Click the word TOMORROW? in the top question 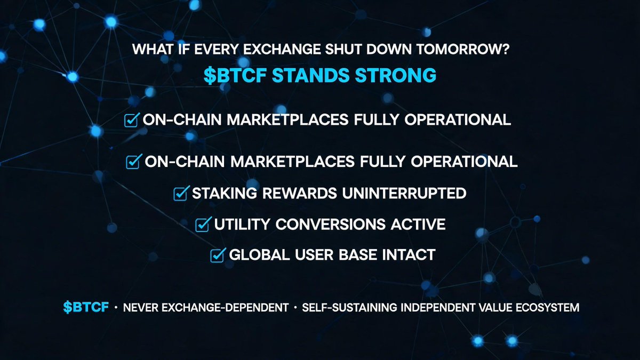tap(462, 50)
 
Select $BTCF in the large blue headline tap(235, 75)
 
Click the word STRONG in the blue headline tap(395, 75)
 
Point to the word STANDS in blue tap(311, 75)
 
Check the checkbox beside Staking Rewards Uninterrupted tap(181, 194)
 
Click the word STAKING tap(225, 193)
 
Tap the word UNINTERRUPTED tap(404, 193)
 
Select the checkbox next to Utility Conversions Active tap(203, 225)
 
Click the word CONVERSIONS tap(331, 224)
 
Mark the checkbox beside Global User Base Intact tap(218, 255)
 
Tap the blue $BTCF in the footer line tap(86, 307)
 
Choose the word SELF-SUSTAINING tap(349, 307)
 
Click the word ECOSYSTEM tap(547, 307)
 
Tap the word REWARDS tap(300, 193)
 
